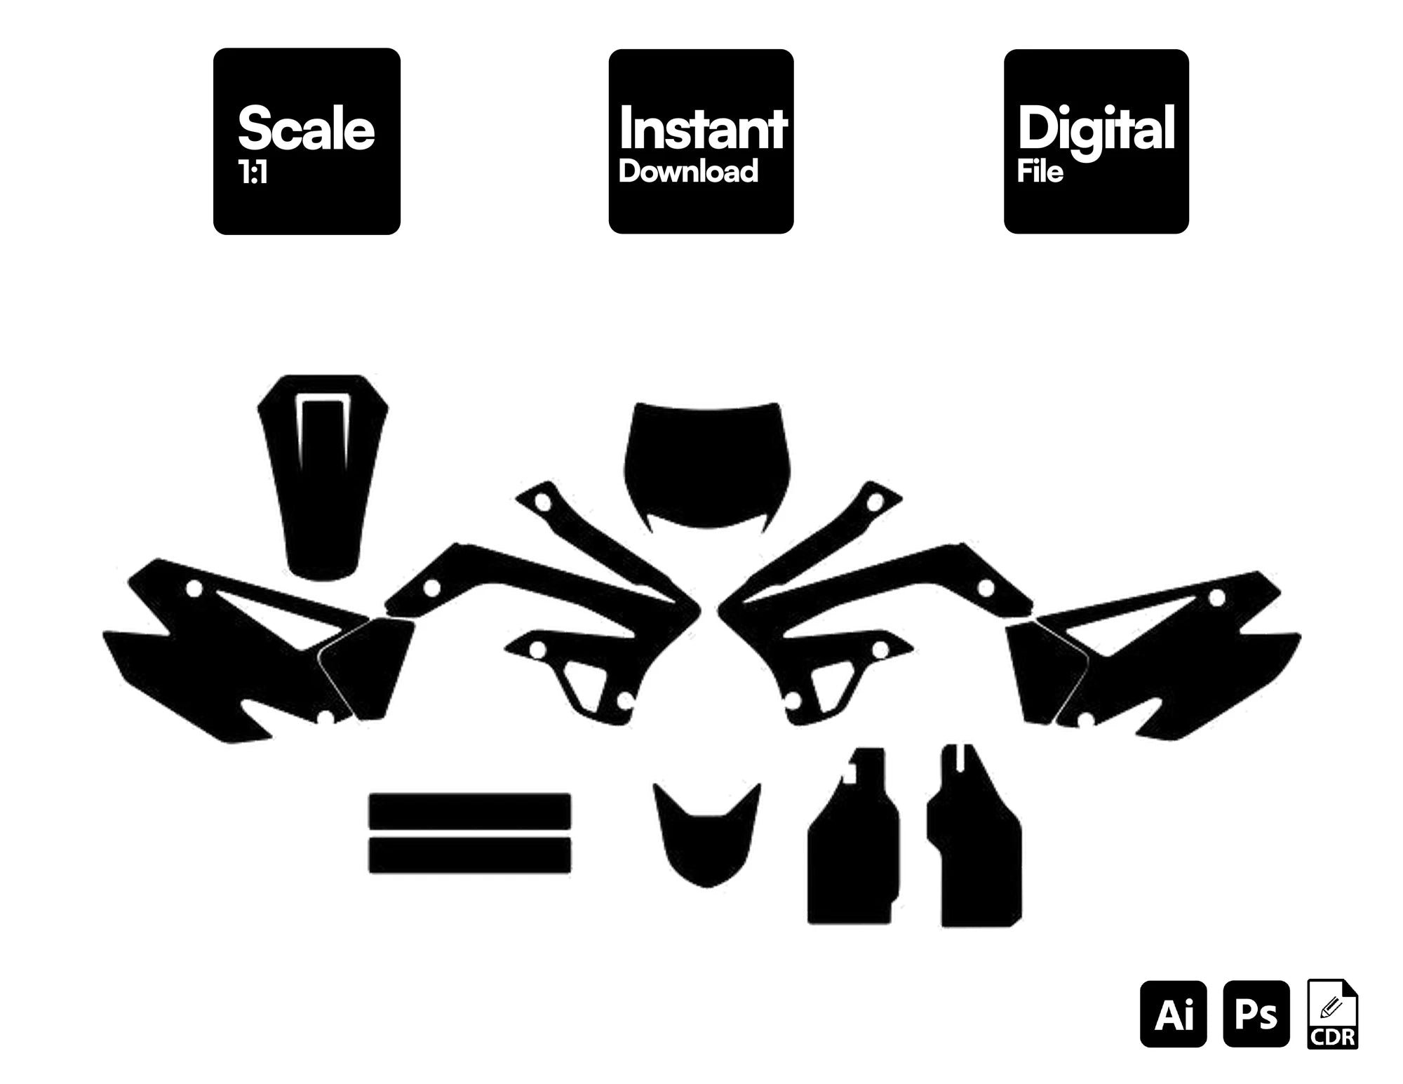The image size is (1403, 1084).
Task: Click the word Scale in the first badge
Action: (307, 128)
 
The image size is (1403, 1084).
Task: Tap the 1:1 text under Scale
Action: (253, 173)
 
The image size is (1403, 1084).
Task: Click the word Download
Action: (688, 172)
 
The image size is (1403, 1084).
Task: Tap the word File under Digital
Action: (1040, 172)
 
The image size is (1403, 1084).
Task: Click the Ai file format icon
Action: (1174, 1014)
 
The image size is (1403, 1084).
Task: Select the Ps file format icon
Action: (1256, 1014)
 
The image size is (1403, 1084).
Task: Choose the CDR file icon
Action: (1333, 1014)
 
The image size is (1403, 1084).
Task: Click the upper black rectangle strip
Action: (470, 811)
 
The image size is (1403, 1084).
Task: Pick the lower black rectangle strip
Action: (470, 855)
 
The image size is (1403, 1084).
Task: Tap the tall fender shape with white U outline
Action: (323, 477)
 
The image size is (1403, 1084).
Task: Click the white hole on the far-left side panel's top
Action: (194, 588)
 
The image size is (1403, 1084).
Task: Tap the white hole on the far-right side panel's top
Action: (1217, 598)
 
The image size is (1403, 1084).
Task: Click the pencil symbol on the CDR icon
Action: (1330, 1008)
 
